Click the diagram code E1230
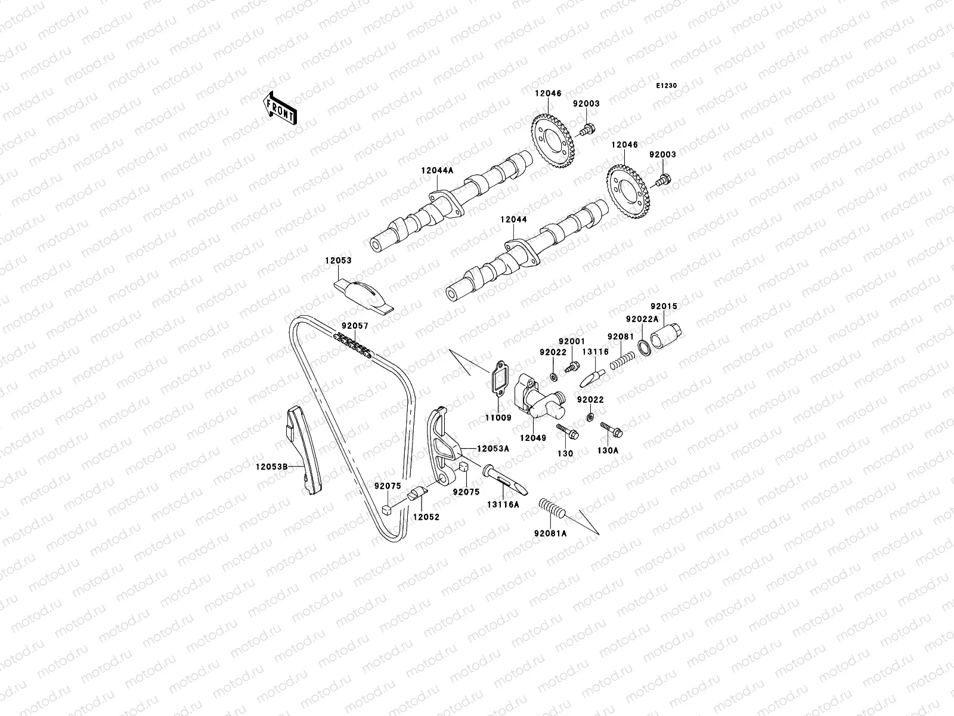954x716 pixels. point(667,86)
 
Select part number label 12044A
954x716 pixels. point(437,171)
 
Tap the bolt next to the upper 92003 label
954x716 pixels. point(588,128)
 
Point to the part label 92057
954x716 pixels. point(355,326)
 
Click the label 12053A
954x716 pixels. point(493,448)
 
